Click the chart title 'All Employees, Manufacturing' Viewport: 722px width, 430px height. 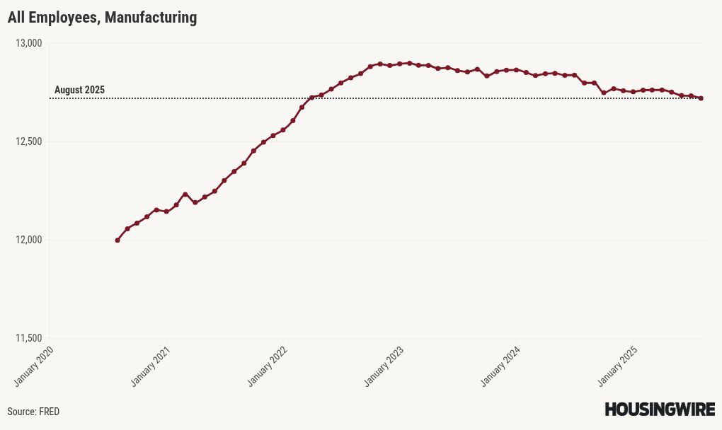click(x=102, y=18)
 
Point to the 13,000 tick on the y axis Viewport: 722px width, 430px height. click(x=29, y=44)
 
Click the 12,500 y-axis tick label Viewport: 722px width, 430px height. click(x=29, y=142)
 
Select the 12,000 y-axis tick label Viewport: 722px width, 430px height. click(x=29, y=240)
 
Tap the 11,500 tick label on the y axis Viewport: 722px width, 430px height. click(x=29, y=339)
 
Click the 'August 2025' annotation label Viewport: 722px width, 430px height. click(x=79, y=90)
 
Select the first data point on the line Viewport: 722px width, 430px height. click(x=118, y=240)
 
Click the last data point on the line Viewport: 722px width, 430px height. click(x=701, y=98)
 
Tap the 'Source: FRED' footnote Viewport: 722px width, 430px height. click(x=33, y=412)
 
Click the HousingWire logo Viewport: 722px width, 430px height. click(x=659, y=409)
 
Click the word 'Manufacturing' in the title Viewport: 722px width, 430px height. click(x=151, y=18)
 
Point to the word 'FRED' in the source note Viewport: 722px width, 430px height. click(x=49, y=412)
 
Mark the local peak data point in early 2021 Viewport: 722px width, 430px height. click(x=185, y=194)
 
